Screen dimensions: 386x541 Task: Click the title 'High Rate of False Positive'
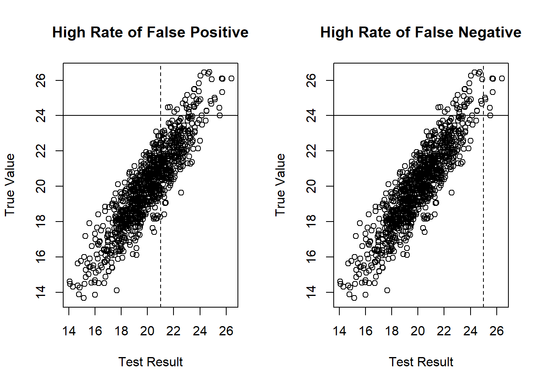pos(150,32)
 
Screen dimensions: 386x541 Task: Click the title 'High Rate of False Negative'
pos(421,32)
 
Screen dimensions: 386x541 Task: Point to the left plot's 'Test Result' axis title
pos(151,362)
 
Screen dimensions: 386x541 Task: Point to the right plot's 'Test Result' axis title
pos(421,362)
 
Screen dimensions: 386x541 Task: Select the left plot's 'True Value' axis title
pos(10,185)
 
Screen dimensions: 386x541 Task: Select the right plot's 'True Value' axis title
pos(280,185)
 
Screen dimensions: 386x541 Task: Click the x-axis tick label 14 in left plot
pos(69,331)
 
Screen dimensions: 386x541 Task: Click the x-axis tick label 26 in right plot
pos(496,331)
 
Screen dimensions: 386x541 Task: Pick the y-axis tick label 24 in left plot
pos(41,115)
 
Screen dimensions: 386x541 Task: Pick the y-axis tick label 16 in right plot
pos(312,257)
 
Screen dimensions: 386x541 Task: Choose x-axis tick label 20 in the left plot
pos(147,331)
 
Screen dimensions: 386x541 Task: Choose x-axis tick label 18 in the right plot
pos(392,331)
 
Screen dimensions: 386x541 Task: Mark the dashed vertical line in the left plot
pos(161,241)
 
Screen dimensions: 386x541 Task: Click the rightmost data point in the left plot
pos(231,78)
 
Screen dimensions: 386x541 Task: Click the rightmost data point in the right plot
pos(502,78)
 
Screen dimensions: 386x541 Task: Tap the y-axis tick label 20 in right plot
pos(312,186)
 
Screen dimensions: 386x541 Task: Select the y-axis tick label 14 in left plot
pos(41,292)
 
